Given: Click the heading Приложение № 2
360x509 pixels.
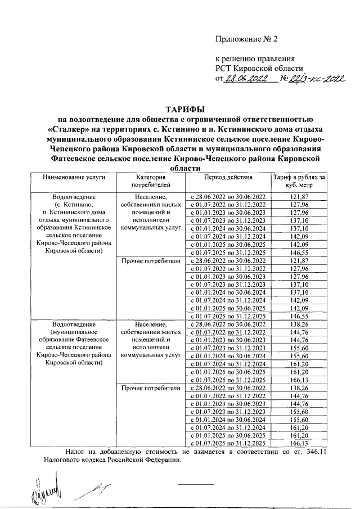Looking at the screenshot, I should (x=247, y=39).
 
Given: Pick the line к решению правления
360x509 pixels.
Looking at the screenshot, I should (x=255, y=58).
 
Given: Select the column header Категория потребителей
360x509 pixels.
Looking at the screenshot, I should (x=150, y=181).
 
